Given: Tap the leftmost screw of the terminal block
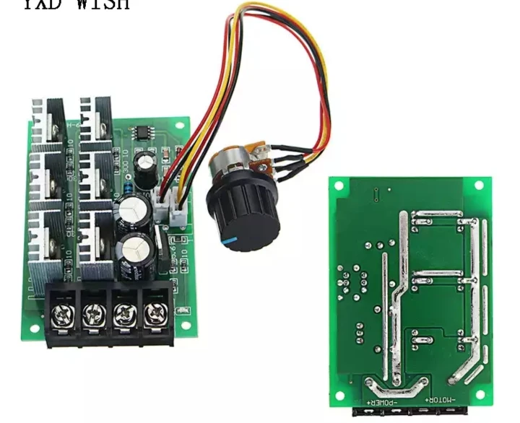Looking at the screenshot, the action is click(62, 314).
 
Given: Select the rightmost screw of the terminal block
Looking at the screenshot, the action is click(154, 314).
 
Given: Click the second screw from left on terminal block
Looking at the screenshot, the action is click(92, 314).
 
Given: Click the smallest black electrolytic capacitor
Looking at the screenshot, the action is click(148, 165).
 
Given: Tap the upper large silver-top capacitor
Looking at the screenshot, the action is click(134, 210).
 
